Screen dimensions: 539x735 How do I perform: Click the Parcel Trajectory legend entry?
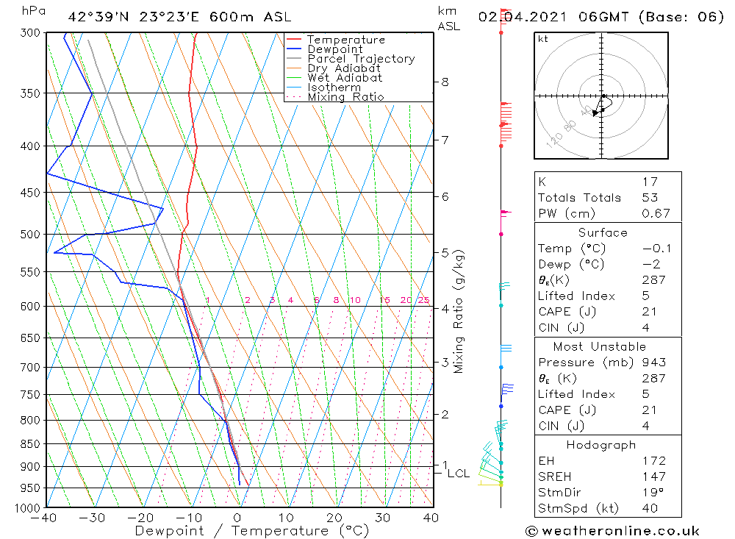[x=361, y=59]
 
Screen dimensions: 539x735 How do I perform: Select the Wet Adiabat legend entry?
[x=345, y=78]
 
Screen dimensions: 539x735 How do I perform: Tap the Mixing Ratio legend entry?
[x=345, y=97]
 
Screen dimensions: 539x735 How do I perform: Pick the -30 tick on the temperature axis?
[x=93, y=518]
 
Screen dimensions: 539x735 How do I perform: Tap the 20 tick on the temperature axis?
[x=334, y=518]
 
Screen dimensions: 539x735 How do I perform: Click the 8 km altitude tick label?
[x=445, y=82]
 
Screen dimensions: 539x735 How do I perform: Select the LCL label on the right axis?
[x=458, y=474]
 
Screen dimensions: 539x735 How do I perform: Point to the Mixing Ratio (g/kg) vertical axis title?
[x=459, y=311]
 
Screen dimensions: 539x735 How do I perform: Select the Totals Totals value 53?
[x=650, y=198]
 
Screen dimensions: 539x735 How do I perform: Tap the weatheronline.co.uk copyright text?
[x=612, y=531]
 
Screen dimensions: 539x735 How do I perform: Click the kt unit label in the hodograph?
[x=543, y=39]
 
